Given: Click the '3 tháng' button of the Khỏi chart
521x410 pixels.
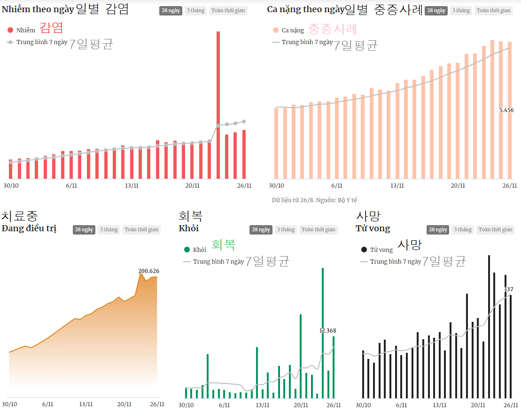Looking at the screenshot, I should click(286, 230).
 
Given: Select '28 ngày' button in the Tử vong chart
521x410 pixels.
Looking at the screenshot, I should click(438, 230).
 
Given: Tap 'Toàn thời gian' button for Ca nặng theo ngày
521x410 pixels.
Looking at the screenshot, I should click(493, 10).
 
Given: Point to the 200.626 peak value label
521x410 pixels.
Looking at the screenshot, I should click(148, 271).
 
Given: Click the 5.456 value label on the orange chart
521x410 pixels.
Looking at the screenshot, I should click(506, 110).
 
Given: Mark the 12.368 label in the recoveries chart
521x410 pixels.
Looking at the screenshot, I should click(327, 331).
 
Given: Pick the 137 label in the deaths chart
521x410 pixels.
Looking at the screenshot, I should click(509, 289).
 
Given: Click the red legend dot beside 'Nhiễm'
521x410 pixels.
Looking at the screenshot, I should click(10, 30).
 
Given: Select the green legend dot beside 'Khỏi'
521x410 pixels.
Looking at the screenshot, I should click(187, 250).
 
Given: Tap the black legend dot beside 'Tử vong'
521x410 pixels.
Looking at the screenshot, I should click(364, 250).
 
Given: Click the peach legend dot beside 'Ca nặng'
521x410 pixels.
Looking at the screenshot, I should click(276, 30).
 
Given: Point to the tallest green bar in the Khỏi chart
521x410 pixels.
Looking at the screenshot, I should click(323, 333).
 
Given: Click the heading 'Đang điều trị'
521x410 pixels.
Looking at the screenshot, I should click(29, 229).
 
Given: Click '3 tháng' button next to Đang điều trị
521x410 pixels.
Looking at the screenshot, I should click(109, 230).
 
